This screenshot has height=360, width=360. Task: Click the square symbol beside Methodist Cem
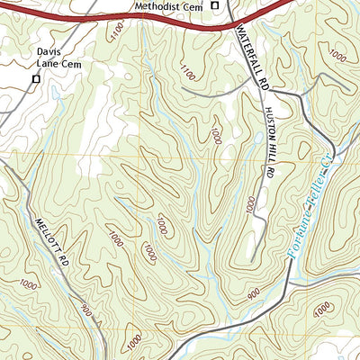pyautogui.click(x=215, y=7)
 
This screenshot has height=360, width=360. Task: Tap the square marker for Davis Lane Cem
pyautogui.click(x=36, y=79)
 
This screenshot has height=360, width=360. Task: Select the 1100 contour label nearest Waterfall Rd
pyautogui.click(x=187, y=70)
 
